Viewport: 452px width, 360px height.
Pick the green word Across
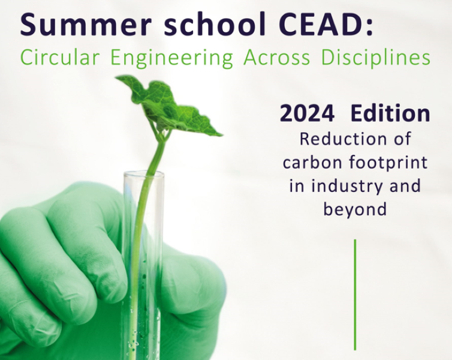tap(277, 57)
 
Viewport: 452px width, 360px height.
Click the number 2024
tap(307, 113)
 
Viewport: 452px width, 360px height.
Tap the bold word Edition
tap(390, 113)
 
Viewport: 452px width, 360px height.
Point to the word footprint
tap(388, 163)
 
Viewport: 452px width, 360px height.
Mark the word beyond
tap(355, 210)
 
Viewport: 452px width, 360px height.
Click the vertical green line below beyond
tap(355, 295)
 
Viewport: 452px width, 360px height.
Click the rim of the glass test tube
tap(144, 173)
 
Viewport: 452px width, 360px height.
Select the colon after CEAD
tap(369, 28)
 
